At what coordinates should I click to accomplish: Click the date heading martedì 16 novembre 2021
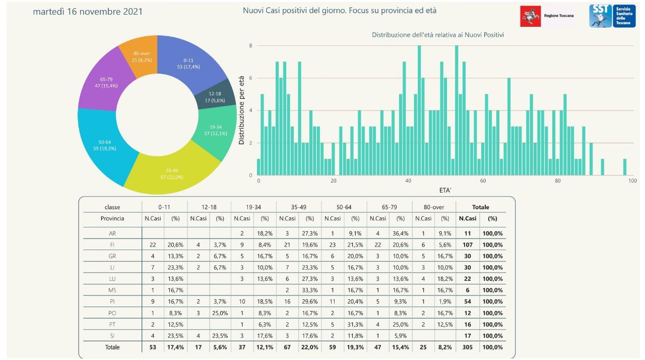(x=88, y=11)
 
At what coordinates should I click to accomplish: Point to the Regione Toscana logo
(x=547, y=16)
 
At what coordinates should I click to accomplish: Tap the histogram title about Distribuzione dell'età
(x=438, y=35)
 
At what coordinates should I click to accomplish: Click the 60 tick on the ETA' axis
(x=483, y=181)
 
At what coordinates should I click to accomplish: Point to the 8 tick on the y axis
(x=250, y=45)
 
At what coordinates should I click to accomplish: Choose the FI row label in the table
(x=112, y=245)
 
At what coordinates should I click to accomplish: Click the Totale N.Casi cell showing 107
(x=468, y=245)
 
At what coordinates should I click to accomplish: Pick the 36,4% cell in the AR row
(x=401, y=233)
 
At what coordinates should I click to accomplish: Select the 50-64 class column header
(x=344, y=207)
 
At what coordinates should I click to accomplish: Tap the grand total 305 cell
(x=468, y=347)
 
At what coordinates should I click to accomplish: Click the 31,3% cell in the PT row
(x=355, y=324)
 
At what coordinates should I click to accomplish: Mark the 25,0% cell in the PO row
(x=220, y=313)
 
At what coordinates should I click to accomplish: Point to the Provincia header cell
(x=112, y=218)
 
